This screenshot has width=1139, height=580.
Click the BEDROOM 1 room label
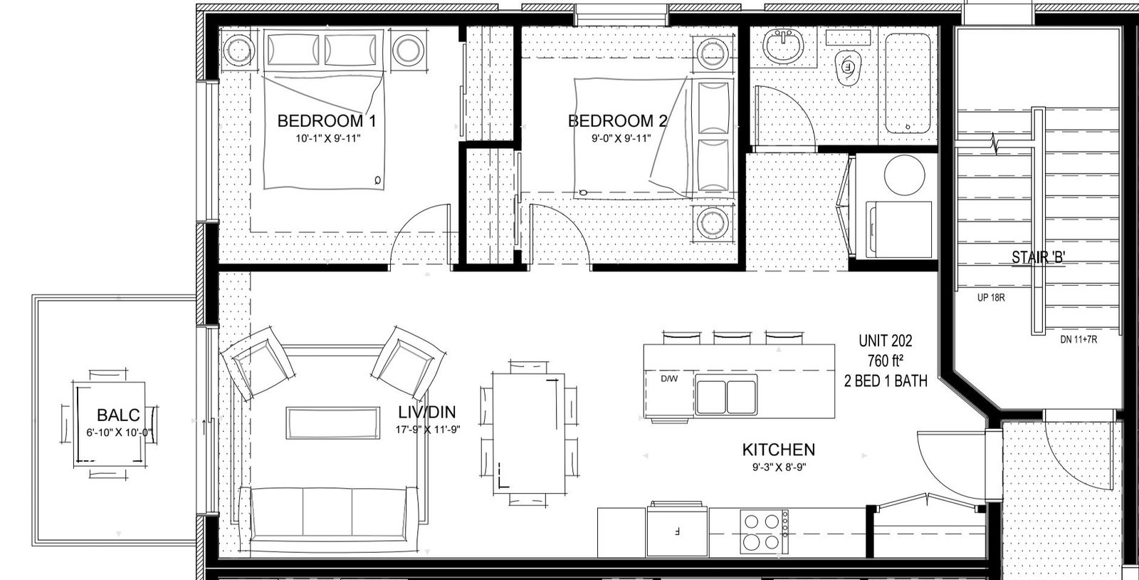pyautogui.click(x=327, y=121)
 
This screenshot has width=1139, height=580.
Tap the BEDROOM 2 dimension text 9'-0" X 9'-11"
pyautogui.click(x=621, y=138)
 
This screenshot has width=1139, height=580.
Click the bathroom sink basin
pyautogui.click(x=783, y=46)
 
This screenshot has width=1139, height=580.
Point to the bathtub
pyautogui.click(x=908, y=83)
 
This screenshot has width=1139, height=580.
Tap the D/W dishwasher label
pyautogui.click(x=669, y=378)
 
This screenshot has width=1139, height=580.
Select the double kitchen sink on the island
pyautogui.click(x=726, y=395)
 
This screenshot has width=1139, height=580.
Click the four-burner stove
pyautogui.click(x=764, y=532)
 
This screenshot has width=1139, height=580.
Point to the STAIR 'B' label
pyautogui.click(x=1038, y=257)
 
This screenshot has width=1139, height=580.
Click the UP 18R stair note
pyautogui.click(x=990, y=298)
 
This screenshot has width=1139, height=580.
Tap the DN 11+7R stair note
pyautogui.click(x=1078, y=339)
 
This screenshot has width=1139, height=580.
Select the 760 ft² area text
pyautogui.click(x=886, y=361)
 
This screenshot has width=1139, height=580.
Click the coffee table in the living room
pyautogui.click(x=333, y=423)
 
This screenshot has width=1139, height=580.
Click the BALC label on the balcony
pyautogui.click(x=118, y=415)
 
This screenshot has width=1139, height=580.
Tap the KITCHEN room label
pyautogui.click(x=779, y=450)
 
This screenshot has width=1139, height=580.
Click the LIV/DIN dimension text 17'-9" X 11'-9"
pyautogui.click(x=428, y=430)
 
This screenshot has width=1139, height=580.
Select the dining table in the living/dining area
pyautogui.click(x=529, y=433)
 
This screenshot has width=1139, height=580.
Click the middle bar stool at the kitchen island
pyautogui.click(x=732, y=337)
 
